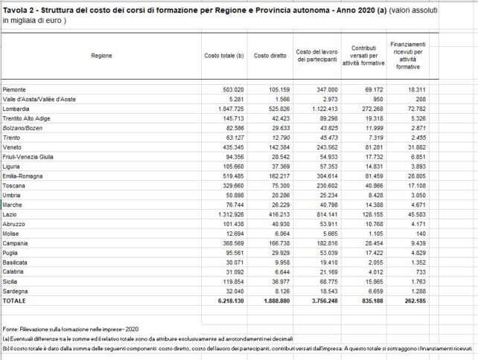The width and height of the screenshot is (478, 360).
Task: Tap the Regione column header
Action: (101, 56)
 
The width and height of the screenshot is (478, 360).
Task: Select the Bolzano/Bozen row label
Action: (22, 128)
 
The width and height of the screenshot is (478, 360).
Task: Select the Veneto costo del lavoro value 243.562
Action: (322, 147)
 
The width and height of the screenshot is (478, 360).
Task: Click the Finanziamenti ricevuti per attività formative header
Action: (408, 56)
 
